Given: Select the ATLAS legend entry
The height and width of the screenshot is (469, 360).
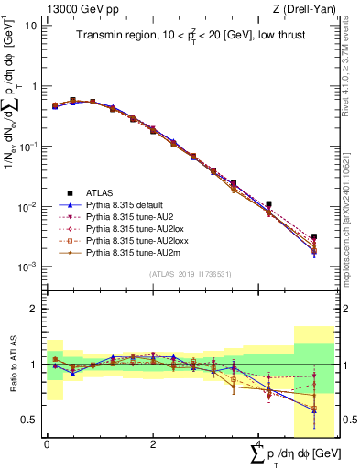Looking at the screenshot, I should [x=102, y=192].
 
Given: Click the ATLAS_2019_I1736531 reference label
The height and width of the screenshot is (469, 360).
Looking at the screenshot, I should [x=190, y=275].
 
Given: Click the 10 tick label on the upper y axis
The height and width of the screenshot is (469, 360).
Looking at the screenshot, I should [x=30, y=26].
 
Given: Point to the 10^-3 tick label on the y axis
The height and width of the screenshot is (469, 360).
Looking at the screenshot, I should [x=27, y=267].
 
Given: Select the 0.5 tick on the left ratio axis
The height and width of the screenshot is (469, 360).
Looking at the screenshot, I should [x=30, y=420].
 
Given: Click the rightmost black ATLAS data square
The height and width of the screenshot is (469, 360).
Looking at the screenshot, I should [x=314, y=236].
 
